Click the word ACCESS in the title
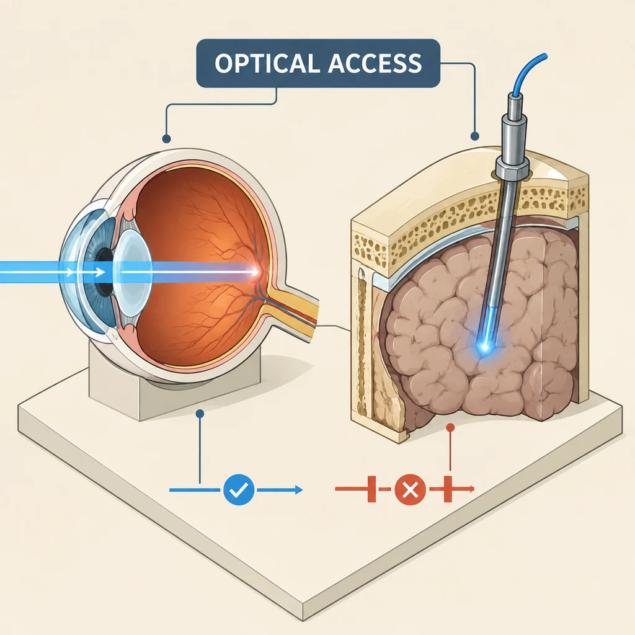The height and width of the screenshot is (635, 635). click(375, 63)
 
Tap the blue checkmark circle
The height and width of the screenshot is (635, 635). click(239, 490)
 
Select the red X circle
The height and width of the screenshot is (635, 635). click(411, 490)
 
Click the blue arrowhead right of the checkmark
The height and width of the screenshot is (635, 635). click(298, 490)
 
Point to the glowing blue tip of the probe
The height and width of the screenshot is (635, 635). click(484, 345)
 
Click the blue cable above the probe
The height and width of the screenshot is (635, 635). click(526, 73)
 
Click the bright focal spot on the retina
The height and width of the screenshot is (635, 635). click(254, 272)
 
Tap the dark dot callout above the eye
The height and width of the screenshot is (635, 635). click(166, 139)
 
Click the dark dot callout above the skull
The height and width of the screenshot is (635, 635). click(474, 136)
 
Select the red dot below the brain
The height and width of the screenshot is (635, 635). click(450, 428)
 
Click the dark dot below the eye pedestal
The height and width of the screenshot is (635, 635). click(200, 414)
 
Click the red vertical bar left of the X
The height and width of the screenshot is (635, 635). click(371, 489)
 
